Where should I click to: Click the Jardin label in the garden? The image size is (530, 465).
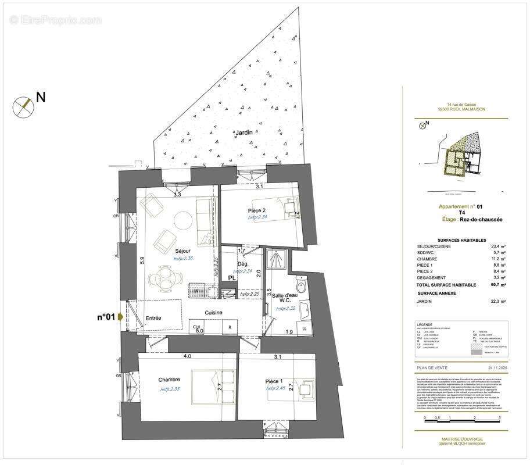(244, 133)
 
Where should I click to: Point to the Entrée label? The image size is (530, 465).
(153, 318)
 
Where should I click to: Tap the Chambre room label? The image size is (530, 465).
(169, 380)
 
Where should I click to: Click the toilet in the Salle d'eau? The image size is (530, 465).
(300, 286)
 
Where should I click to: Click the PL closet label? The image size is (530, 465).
(231, 278)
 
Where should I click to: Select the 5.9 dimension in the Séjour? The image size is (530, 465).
(141, 262)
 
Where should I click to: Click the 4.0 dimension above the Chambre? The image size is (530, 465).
(187, 356)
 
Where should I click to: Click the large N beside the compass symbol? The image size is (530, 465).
(41, 97)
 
